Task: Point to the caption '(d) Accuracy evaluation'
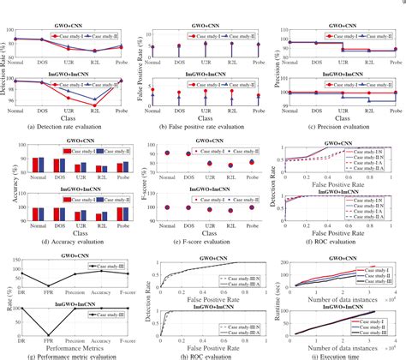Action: pyautogui.click(x=67, y=237)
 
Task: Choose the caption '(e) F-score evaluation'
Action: pyautogui.click(x=202, y=237)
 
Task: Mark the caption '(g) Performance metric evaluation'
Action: pyautogui.click(x=67, y=354)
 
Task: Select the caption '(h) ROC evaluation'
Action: pyautogui.click(x=202, y=354)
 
